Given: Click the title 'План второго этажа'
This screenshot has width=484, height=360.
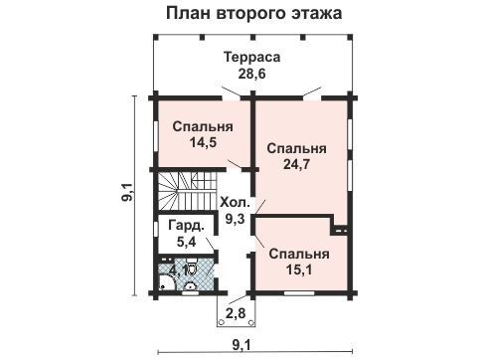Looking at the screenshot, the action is tap(253, 14).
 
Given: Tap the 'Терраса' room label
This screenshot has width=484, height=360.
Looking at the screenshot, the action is tap(251, 57).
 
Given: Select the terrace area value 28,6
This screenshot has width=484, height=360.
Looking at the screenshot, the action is tap(251, 74).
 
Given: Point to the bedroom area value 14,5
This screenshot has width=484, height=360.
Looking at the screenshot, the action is tap(203, 142).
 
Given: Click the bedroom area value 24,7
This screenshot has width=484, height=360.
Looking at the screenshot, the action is tap(296, 164).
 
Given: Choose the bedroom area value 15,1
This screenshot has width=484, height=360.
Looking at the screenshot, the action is tap(299, 270).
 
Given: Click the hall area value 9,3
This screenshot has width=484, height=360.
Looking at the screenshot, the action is tap(235, 219).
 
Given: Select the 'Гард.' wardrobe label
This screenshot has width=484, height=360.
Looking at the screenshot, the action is tap(186, 226).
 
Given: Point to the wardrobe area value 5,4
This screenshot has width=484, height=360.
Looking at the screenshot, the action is tap(186, 242).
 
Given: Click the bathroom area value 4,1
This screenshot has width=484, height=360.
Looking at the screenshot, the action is tap(178, 270).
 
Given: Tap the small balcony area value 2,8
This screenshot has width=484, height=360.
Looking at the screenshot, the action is tap(236, 313).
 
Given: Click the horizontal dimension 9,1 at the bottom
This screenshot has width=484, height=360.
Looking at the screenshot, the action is tap(242, 345).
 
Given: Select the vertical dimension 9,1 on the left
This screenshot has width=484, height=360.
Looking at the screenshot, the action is tap(127, 192).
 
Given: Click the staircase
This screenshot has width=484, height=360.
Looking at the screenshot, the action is tap(188, 191).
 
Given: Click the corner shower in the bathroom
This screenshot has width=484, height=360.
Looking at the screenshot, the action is tap(167, 282).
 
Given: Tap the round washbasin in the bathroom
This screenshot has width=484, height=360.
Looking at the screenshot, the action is tap(191, 286).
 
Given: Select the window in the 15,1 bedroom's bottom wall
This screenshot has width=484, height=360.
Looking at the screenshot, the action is tap(299, 293).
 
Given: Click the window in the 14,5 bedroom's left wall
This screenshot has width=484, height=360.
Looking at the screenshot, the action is tap(155, 135).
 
